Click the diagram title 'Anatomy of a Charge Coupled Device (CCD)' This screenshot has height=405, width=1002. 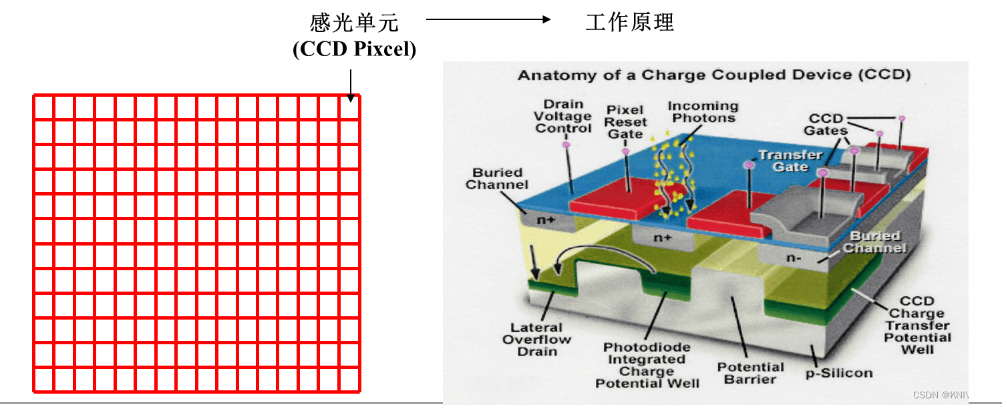[x=714, y=75]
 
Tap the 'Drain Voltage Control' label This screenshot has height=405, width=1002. [x=563, y=116]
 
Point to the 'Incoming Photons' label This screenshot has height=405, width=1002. [x=703, y=112]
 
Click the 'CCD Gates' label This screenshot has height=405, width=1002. [x=826, y=125]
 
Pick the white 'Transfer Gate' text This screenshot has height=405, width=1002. [x=790, y=160]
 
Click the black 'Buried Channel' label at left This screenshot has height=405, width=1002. [x=497, y=178]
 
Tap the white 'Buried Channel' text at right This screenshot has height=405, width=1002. [x=874, y=242]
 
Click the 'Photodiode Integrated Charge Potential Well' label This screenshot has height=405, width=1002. [x=647, y=365]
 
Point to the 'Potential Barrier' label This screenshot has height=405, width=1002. [x=750, y=373]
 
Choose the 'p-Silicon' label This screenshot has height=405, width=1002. [x=839, y=372]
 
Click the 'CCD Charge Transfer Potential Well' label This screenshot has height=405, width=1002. [x=917, y=325]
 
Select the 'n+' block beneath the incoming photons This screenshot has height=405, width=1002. [x=663, y=238]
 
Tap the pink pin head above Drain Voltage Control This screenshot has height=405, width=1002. [x=566, y=144]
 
